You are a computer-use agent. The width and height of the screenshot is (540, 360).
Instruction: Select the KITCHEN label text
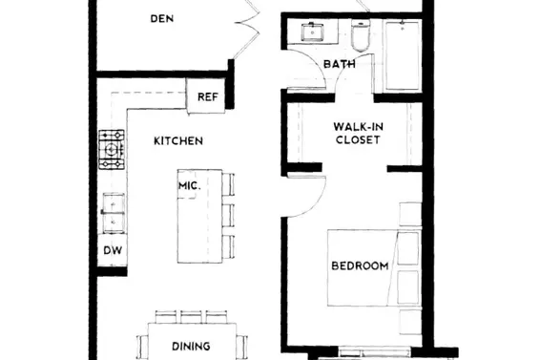[178, 141]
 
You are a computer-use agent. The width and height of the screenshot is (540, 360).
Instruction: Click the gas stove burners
[112, 149]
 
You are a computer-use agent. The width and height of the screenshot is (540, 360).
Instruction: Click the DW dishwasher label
[112, 251]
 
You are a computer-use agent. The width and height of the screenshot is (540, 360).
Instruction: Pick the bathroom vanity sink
[312, 32]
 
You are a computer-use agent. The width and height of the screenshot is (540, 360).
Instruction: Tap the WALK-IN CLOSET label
[358, 133]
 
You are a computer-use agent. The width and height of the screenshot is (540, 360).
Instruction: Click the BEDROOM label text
[360, 265]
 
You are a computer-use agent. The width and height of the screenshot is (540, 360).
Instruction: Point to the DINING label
[191, 347]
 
